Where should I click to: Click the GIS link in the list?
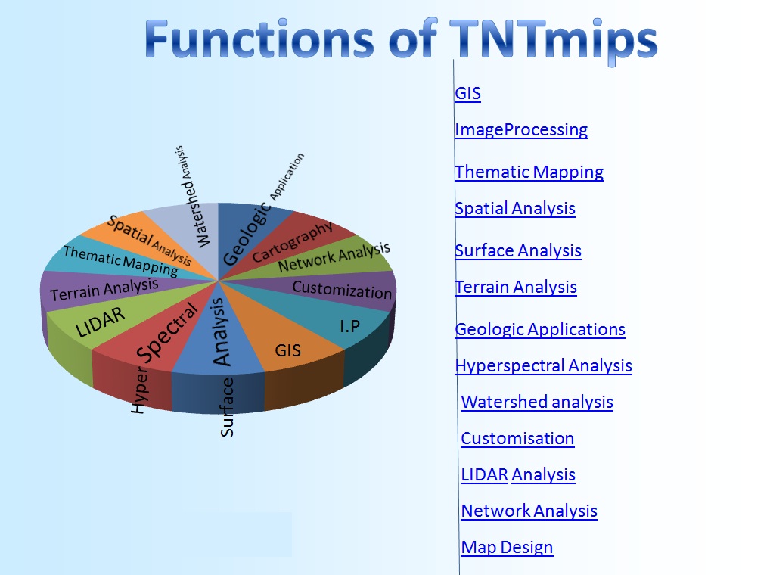(x=467, y=94)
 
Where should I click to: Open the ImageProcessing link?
(x=520, y=130)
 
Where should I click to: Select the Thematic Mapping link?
(x=529, y=172)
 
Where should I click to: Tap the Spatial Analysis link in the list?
(x=514, y=209)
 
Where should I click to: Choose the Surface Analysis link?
(x=517, y=251)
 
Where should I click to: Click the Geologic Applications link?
(x=539, y=330)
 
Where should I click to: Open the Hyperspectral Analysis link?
(x=543, y=366)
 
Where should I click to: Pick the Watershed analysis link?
(x=537, y=402)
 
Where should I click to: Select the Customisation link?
(x=517, y=439)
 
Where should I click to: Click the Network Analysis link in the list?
(x=529, y=511)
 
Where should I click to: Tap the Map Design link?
(x=507, y=548)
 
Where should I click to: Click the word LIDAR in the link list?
(x=484, y=475)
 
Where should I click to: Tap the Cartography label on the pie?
(x=293, y=241)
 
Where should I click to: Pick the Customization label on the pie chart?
(x=342, y=290)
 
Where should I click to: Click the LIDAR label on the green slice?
(x=101, y=322)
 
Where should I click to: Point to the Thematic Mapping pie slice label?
(x=120, y=260)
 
